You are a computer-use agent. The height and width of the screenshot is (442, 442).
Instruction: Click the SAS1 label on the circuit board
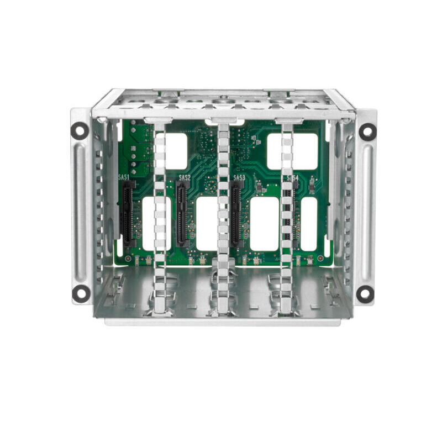coord(124,178)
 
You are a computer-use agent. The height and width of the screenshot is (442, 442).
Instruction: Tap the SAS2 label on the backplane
coord(185,178)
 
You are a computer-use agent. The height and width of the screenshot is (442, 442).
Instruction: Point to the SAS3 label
coord(239,178)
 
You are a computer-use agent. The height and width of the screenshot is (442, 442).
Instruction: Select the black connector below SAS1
coord(128,215)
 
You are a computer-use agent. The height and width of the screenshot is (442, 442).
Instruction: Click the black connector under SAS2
coord(182,215)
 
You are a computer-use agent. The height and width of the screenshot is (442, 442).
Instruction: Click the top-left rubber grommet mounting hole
coord(80,130)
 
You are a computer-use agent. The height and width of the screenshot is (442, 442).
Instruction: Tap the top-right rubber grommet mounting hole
coord(367,131)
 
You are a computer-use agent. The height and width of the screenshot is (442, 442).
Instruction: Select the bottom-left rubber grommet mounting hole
coord(81,293)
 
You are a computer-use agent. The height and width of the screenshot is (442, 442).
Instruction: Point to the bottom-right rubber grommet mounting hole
coord(365,294)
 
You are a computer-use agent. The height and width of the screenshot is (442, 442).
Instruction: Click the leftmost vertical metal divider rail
coord(160,215)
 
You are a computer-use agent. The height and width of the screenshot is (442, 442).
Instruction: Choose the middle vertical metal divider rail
coord(223,215)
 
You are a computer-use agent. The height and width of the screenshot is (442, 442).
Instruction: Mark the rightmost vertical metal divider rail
coord(286,215)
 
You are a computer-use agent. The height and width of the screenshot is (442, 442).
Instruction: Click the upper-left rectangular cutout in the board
coord(176,151)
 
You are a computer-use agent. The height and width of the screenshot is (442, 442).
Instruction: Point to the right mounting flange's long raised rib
coord(366,213)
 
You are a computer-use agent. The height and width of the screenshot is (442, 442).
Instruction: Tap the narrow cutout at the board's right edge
coord(309,224)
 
